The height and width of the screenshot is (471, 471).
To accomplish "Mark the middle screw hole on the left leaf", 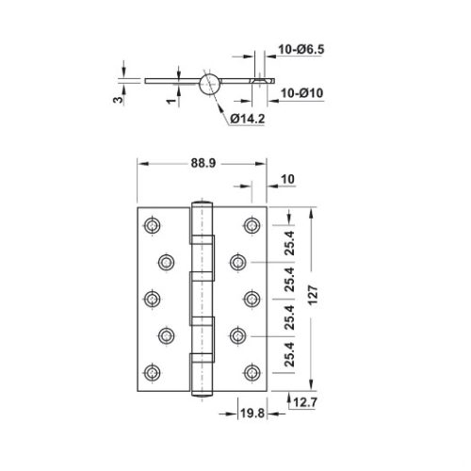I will coord(152,298).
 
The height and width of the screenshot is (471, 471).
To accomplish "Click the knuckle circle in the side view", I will coord(209,83).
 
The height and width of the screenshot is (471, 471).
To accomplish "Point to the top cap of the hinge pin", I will coord(201,203).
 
